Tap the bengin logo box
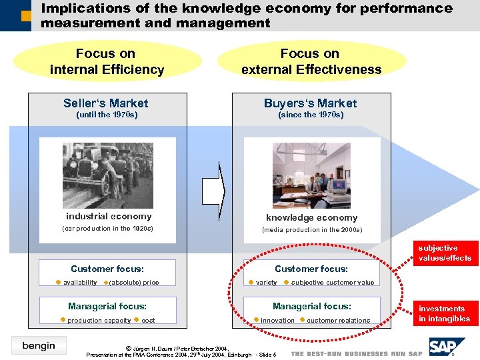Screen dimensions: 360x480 [39, 345]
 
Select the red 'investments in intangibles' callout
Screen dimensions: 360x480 [445, 313]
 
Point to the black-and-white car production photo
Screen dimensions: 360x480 [107, 169]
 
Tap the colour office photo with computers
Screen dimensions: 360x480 [311, 175]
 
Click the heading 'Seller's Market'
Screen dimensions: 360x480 [106, 103]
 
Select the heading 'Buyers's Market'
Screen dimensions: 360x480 [311, 103]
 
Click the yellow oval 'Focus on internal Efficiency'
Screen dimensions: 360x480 [107, 61]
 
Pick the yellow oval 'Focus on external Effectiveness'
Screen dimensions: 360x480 [311, 61]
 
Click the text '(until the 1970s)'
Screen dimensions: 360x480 [107, 115]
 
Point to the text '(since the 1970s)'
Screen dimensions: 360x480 [311, 115]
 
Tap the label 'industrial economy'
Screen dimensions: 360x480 [109, 216]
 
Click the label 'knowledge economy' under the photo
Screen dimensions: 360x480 [311, 217]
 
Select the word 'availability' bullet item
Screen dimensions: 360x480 [79, 283]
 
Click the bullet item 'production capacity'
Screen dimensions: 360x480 [99, 321]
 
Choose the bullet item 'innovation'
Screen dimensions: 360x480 [277, 321]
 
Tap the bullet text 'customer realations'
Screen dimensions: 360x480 [338, 321]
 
